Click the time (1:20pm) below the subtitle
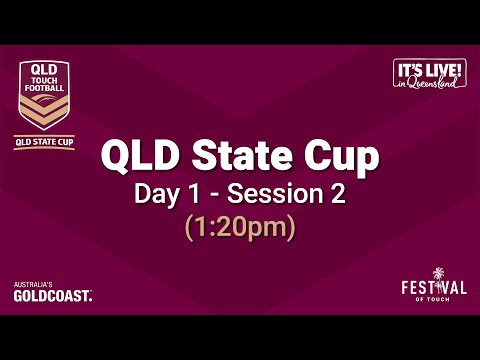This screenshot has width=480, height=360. pyautogui.click(x=240, y=228)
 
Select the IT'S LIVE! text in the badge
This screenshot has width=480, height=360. pyautogui.click(x=431, y=70)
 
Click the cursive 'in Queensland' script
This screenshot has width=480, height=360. pyautogui.click(x=431, y=84)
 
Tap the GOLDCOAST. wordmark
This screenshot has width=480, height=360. pyautogui.click(x=53, y=296)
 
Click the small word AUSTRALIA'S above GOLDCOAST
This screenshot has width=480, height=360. pyautogui.click(x=32, y=285)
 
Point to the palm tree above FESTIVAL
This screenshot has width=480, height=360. pyautogui.click(x=437, y=273)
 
